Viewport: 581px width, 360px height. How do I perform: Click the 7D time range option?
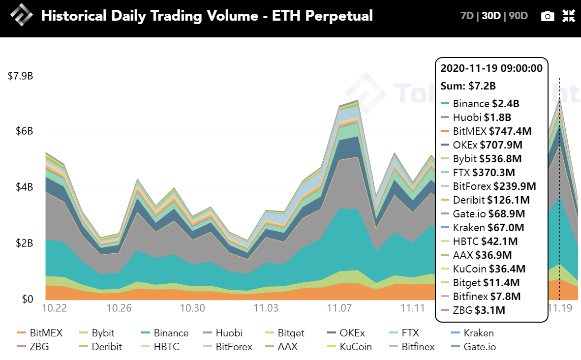467,16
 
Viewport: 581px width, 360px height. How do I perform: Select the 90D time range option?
519,16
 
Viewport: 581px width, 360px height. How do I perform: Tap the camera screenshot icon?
548,16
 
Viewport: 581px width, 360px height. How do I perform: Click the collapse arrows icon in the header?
569,16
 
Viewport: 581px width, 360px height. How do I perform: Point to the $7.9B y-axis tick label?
20,76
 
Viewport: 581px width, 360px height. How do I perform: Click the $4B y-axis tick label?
25,187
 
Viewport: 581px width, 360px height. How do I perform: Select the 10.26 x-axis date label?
119,308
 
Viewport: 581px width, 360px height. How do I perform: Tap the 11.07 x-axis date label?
339,308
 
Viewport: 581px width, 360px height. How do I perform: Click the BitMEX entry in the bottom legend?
40,333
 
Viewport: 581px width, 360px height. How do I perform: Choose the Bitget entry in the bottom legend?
285,333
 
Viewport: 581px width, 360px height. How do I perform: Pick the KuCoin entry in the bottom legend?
349,347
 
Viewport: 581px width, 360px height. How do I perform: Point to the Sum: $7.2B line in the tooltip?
468,86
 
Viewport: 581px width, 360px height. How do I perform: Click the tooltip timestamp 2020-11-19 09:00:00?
491,68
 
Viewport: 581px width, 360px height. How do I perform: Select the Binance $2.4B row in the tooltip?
480,104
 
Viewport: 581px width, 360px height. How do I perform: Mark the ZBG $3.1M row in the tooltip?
473,310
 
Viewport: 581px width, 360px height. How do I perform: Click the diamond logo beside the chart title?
22,15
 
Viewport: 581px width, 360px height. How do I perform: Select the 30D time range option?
491,16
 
